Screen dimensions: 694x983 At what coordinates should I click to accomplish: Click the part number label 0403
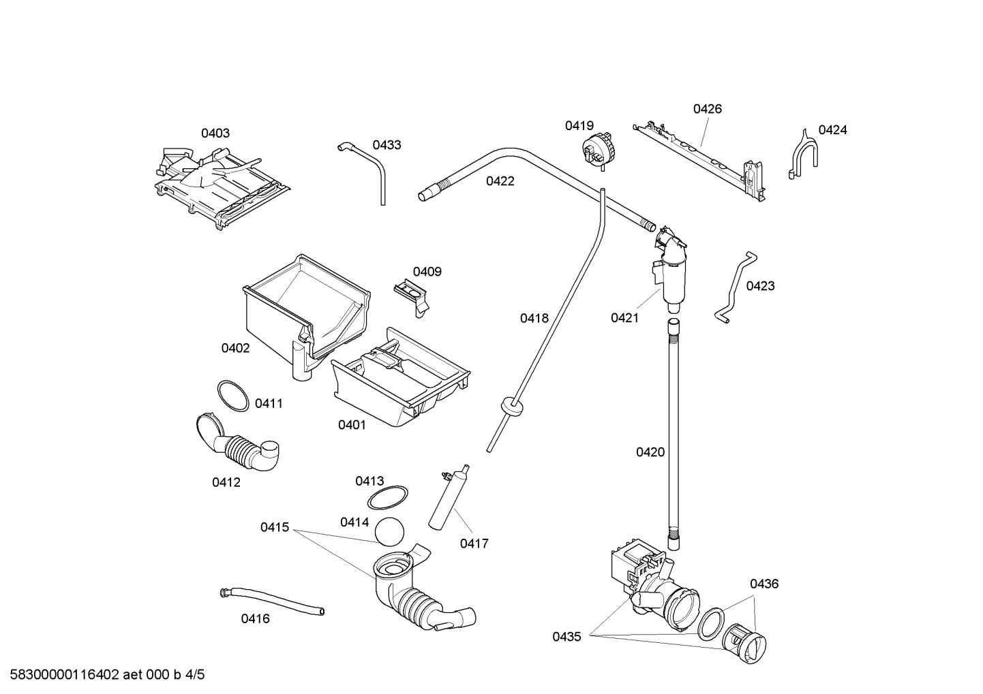point(215,133)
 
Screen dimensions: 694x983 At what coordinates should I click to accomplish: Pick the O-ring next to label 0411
point(232,396)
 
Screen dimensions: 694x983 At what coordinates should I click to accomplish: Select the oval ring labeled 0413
point(388,498)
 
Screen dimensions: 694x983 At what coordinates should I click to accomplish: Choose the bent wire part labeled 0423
point(734,287)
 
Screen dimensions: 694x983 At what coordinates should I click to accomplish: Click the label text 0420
point(650,452)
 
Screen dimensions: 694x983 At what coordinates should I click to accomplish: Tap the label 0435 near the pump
point(566,637)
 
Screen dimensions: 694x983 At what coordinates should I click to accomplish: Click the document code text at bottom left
point(103,675)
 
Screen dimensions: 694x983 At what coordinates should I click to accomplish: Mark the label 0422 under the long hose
point(500,181)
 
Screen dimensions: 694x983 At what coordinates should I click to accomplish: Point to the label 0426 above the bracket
point(708,109)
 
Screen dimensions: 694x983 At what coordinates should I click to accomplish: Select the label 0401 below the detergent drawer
point(352,425)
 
